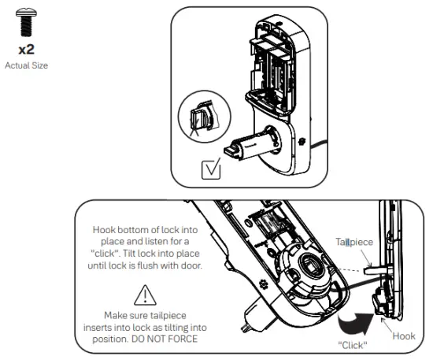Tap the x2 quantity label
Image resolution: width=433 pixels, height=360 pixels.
point(26,50)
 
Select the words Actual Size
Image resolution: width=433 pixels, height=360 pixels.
point(26,65)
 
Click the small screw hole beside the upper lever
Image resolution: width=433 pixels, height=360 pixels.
point(303,143)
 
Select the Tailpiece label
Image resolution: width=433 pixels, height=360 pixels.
point(353,243)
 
